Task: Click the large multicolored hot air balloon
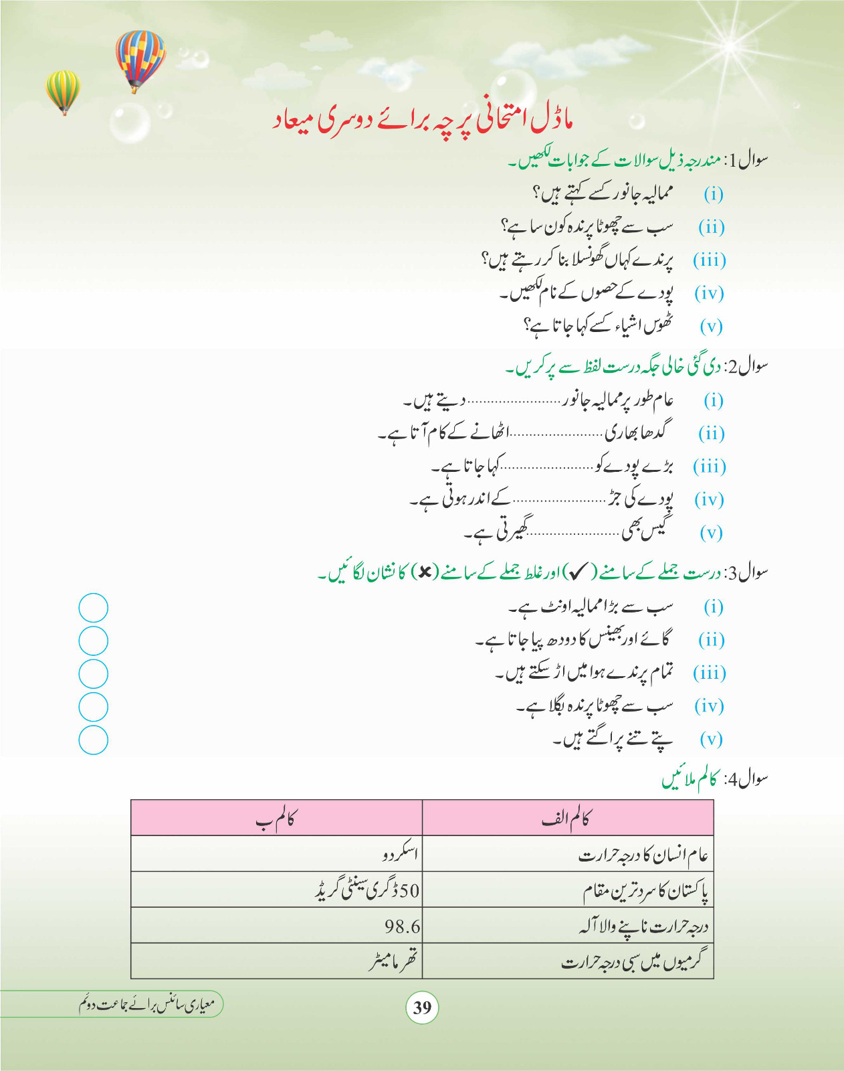(139, 59)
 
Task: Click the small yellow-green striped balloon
(62, 90)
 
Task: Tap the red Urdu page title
(423, 120)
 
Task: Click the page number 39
(422, 1007)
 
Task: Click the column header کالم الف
(567, 818)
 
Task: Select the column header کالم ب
(276, 818)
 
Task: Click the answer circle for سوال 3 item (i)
(93, 608)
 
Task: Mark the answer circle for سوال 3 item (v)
(93, 740)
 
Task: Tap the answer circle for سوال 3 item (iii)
(93, 674)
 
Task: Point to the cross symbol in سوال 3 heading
(425, 572)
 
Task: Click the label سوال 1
(748, 161)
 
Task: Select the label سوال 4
(748, 779)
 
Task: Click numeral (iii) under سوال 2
(709, 467)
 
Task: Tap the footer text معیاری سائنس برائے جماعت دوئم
(147, 1004)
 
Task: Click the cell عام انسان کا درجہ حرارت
(643, 855)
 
